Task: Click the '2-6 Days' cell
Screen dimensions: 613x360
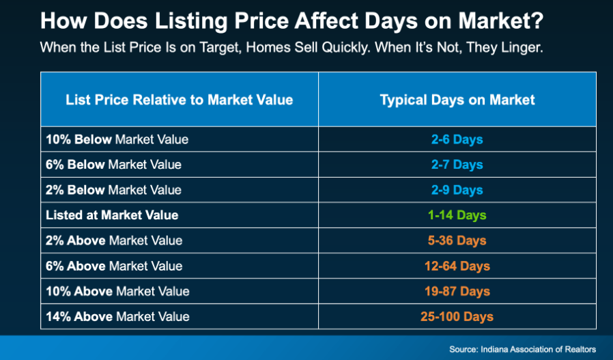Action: [x=457, y=139]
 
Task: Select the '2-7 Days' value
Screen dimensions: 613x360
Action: [x=457, y=165]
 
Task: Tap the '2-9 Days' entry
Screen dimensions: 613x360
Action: [x=457, y=190]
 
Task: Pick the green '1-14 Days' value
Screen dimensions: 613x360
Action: [x=457, y=215]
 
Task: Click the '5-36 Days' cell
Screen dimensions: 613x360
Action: [x=457, y=240]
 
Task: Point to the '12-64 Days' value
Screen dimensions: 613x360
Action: [x=457, y=266]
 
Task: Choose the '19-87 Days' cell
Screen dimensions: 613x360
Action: [x=457, y=292]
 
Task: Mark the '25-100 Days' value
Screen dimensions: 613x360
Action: [x=457, y=316]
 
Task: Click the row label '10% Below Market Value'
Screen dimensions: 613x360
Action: [x=117, y=139]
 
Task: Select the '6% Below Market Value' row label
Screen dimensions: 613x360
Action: [x=113, y=165]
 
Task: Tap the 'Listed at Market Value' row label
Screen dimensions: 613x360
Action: [x=112, y=215]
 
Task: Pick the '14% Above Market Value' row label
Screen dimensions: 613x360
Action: [x=117, y=316]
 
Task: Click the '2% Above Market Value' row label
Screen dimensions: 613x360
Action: [x=114, y=240]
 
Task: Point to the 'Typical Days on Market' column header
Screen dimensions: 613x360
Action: [x=457, y=100]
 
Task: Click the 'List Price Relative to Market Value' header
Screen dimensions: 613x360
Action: [x=180, y=100]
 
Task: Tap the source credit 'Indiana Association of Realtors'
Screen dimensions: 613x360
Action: [x=538, y=350]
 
